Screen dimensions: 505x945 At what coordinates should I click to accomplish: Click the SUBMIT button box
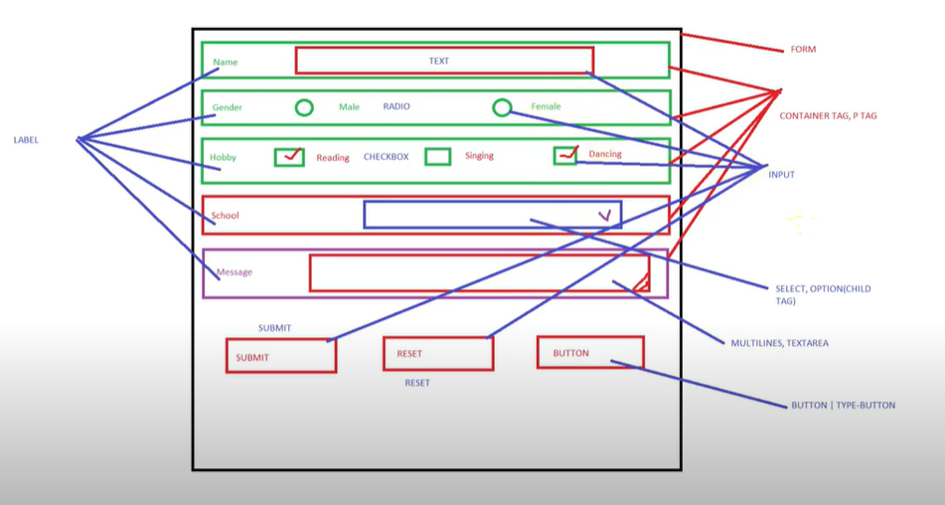pyautogui.click(x=280, y=356)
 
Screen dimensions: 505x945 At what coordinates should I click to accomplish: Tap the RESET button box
pyautogui.click(x=437, y=354)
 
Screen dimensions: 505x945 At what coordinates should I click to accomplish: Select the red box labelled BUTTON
pyautogui.click(x=590, y=353)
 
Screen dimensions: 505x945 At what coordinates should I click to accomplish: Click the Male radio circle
pyautogui.click(x=304, y=107)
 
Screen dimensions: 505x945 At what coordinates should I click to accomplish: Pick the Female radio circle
pyautogui.click(x=502, y=107)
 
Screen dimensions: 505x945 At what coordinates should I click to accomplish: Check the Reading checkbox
pyautogui.click(x=289, y=156)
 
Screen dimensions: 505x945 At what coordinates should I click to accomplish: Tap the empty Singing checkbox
pyautogui.click(x=437, y=156)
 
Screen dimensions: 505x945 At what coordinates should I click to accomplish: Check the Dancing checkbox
pyautogui.click(x=565, y=155)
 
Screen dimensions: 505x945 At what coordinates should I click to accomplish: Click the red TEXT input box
pyautogui.click(x=444, y=61)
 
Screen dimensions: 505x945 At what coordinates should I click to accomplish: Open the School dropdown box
pyautogui.click(x=492, y=215)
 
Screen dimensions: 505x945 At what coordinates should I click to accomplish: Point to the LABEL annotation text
pyautogui.click(x=26, y=140)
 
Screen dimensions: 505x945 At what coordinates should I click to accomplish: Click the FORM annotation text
pyautogui.click(x=803, y=50)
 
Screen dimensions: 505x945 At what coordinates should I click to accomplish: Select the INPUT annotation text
pyautogui.click(x=782, y=175)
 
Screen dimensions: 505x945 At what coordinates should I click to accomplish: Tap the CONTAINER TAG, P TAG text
pyautogui.click(x=828, y=116)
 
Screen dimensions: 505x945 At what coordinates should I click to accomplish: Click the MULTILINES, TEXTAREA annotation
pyautogui.click(x=779, y=343)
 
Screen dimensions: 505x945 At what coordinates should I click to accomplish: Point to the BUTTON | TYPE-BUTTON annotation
pyautogui.click(x=843, y=406)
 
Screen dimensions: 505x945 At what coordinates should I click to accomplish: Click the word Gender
pyautogui.click(x=228, y=107)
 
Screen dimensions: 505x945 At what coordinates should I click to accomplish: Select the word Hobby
pyautogui.click(x=223, y=157)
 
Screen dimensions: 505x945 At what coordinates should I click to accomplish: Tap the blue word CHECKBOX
pyautogui.click(x=386, y=157)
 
